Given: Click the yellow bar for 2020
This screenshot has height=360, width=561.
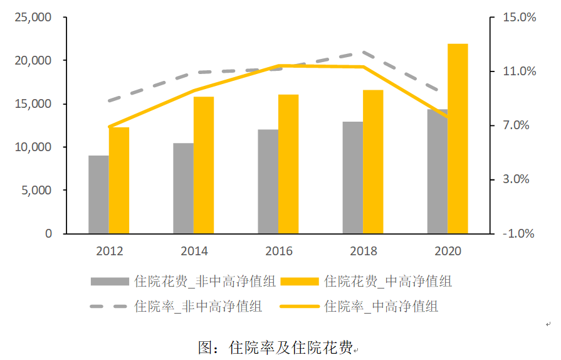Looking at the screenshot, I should click(458, 139).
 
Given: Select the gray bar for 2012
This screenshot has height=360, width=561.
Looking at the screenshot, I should click(98, 194).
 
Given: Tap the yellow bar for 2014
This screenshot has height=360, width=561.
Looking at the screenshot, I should click(204, 165).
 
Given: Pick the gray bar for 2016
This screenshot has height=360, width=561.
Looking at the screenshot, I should click(268, 181).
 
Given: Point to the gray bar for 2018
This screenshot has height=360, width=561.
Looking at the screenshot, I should click(352, 177).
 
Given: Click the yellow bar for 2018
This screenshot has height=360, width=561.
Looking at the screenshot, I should click(373, 162).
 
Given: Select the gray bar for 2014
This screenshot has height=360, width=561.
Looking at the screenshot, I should click(183, 188).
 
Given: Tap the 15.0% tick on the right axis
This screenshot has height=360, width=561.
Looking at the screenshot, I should click(520, 18).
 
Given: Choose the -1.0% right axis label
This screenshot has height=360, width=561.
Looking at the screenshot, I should click(520, 234).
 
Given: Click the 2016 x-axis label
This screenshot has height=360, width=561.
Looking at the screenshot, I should click(278, 251).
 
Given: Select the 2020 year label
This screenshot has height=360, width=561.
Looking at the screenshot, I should click(448, 251).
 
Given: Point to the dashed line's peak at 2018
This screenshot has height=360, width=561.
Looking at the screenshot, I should click(363, 53).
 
